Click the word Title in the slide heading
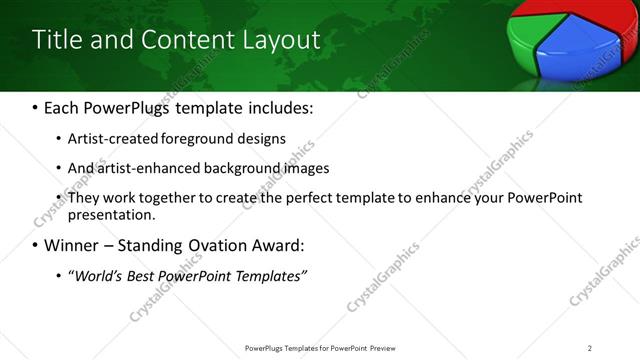[54, 40]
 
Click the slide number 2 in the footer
[590, 348]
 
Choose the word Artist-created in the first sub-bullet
[107, 138]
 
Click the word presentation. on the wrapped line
[111, 214]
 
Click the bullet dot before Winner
[36, 245]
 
